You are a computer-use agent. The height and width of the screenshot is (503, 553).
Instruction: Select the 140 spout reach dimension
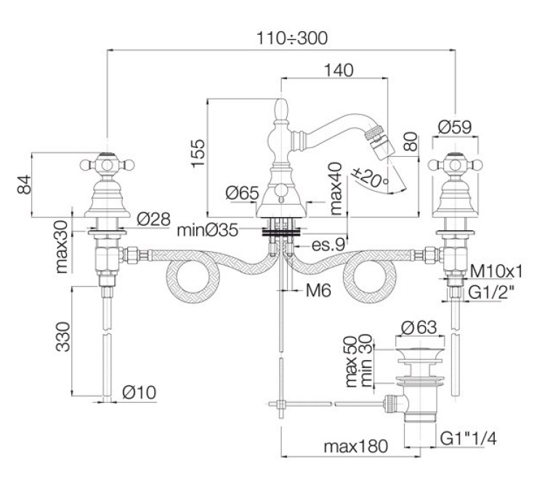[338, 70]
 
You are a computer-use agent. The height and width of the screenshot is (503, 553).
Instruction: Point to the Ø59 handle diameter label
[455, 126]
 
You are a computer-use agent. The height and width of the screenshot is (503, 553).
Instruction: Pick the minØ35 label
[211, 232]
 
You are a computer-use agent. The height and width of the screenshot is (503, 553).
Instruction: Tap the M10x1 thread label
[497, 271]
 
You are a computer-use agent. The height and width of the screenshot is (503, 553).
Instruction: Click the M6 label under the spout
[318, 291]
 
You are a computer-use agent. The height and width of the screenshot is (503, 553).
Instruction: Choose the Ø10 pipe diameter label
[141, 393]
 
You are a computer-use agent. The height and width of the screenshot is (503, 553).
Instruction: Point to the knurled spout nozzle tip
[377, 137]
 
